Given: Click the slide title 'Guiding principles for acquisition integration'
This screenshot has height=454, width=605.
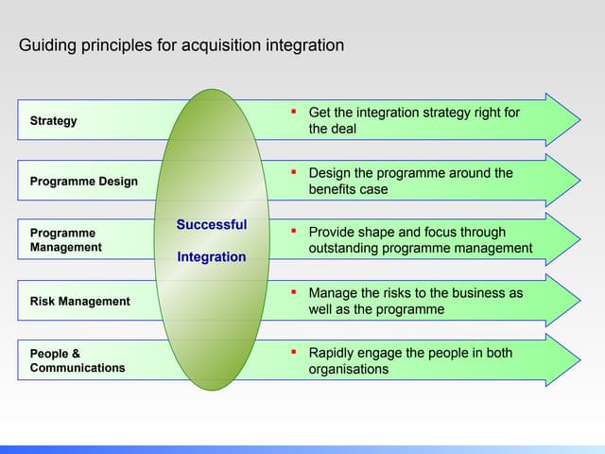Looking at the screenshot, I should click(x=181, y=45).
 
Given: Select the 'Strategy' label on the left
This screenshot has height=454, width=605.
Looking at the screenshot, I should click(x=54, y=121).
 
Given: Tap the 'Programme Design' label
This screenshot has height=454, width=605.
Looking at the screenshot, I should click(x=84, y=181).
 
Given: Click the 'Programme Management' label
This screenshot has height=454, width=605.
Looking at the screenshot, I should click(x=65, y=239).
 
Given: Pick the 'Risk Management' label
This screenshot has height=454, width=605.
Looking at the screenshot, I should click(x=80, y=301).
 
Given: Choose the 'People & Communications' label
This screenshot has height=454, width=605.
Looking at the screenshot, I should click(x=77, y=360).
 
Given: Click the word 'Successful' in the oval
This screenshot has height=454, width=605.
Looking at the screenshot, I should click(x=212, y=225).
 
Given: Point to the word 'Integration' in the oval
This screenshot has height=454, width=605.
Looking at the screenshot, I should click(x=212, y=257).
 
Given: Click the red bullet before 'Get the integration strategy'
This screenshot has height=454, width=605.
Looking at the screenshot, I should click(x=294, y=113).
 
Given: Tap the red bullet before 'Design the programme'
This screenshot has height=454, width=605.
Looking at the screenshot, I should click(x=294, y=172).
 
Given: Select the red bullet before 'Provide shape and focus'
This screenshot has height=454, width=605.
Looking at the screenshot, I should click(x=294, y=232).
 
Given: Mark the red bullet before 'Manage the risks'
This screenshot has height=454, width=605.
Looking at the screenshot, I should click(x=294, y=292).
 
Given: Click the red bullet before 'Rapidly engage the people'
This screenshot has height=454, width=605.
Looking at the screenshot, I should click(x=294, y=352).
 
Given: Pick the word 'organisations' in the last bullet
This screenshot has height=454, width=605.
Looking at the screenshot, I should click(x=348, y=369).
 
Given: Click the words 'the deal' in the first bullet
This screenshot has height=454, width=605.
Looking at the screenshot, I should click(x=333, y=129).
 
